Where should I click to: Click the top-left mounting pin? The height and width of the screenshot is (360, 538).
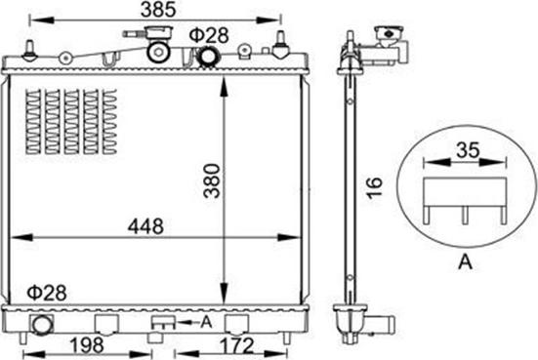click(x=32, y=49)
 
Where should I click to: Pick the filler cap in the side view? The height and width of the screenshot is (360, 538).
click(x=388, y=41)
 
